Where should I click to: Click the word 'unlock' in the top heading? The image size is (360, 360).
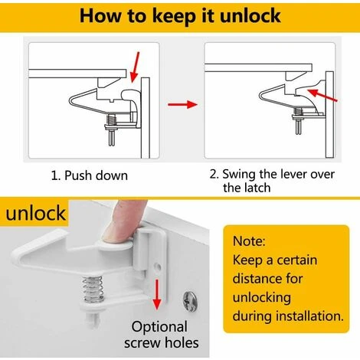tap(250, 16)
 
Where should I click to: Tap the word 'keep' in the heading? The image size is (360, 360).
tap(173, 17)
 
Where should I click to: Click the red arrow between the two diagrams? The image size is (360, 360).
tap(182, 104)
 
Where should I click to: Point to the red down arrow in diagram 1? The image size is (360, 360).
tap(135, 67)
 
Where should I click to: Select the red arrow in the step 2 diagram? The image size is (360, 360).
tap(322, 95)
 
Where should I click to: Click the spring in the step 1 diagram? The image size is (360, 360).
tap(111, 119)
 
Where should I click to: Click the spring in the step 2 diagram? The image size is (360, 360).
tap(298, 112)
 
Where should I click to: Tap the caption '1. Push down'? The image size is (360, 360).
tap(90, 175)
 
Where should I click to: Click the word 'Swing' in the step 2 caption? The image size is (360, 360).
tap(239, 175)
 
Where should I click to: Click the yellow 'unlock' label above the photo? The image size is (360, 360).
tap(36, 213)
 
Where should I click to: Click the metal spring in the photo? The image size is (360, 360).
tap(93, 290)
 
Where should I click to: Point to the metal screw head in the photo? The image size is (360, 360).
tap(190, 299)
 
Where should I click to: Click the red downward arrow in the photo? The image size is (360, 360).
tap(157, 294)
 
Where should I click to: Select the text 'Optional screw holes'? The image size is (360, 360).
tap(162, 335)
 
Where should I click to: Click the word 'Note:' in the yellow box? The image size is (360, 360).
tap(249, 241)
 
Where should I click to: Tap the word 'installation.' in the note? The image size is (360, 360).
tap(309, 316)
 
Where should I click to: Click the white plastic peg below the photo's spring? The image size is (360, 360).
tap(93, 319)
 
